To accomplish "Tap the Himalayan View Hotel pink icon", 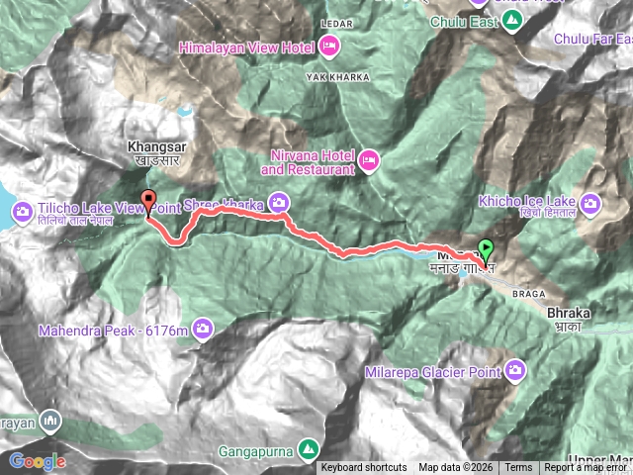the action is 329,46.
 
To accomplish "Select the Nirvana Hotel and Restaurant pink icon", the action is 369,160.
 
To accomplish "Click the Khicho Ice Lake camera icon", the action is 591,205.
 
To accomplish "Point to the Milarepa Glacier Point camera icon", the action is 515,370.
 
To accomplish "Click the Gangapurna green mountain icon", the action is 310,450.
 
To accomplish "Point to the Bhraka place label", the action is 568,313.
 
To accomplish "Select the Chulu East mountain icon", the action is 511,23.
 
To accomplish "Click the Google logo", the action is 38,461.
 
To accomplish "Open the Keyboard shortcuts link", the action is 363,468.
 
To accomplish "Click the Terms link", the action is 518,468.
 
